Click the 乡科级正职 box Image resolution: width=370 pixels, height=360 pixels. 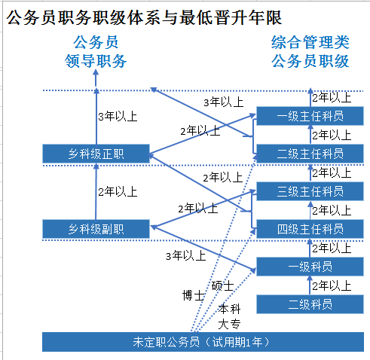click(96, 154)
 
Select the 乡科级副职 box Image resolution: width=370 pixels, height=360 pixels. click(96, 228)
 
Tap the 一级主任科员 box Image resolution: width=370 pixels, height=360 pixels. click(310, 116)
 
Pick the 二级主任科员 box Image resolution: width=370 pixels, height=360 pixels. click(310, 154)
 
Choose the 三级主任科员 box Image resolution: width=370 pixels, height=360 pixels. click(310, 191)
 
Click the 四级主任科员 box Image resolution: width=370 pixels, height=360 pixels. click(310, 229)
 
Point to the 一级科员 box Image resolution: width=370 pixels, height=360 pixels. click(310, 267)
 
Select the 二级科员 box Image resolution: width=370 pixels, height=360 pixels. click(310, 304)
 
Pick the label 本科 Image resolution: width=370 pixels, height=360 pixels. click(229, 309)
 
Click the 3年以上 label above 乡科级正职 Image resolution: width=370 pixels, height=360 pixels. click(117, 117)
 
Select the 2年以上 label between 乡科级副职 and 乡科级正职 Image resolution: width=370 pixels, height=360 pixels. click(117, 191)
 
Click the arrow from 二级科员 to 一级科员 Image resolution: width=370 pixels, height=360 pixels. click(309, 285)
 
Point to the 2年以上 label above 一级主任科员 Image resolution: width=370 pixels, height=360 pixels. click(331, 97)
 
